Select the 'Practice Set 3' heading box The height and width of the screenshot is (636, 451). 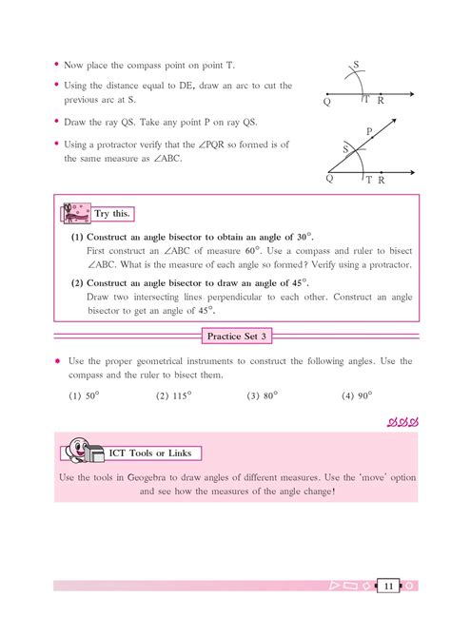click(x=234, y=335)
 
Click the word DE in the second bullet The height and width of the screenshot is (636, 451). click(x=186, y=87)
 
